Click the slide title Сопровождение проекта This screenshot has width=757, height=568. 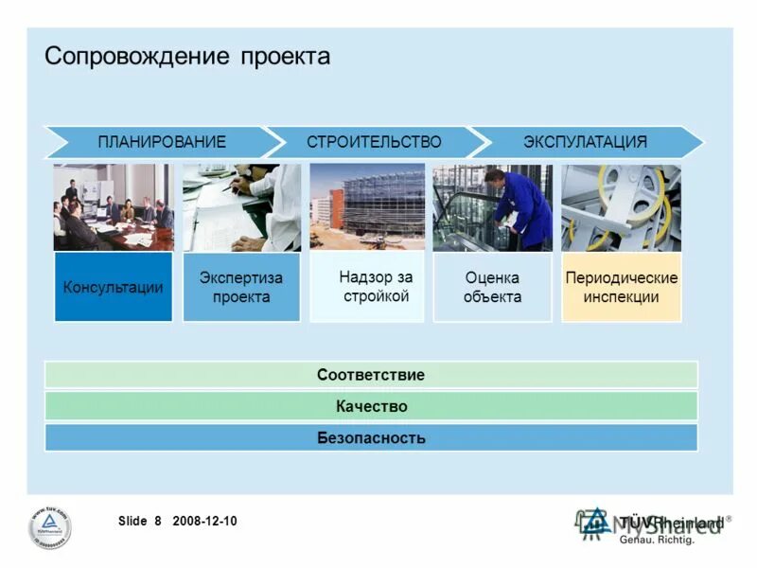(x=187, y=56)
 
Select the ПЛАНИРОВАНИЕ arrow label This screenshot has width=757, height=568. (x=162, y=142)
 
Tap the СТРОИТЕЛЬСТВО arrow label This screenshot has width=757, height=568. (x=374, y=142)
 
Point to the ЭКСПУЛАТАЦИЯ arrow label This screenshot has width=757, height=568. (x=585, y=142)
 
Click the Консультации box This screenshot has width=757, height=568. (x=114, y=287)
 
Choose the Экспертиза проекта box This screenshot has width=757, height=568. (x=241, y=287)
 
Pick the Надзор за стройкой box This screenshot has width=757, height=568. (x=368, y=286)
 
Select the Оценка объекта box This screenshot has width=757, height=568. (x=492, y=287)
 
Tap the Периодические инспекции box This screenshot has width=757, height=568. (x=621, y=287)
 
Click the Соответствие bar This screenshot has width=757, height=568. (x=371, y=375)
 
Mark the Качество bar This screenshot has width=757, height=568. (x=371, y=406)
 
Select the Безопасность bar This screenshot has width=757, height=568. (x=371, y=437)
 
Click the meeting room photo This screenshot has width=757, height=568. (x=114, y=207)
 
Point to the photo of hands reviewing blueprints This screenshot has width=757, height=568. (x=241, y=207)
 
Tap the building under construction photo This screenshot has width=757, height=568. (x=367, y=207)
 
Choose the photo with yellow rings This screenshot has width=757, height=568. (x=621, y=207)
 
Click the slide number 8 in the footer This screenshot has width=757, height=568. (x=158, y=521)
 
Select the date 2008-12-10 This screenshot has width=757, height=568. (x=205, y=521)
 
